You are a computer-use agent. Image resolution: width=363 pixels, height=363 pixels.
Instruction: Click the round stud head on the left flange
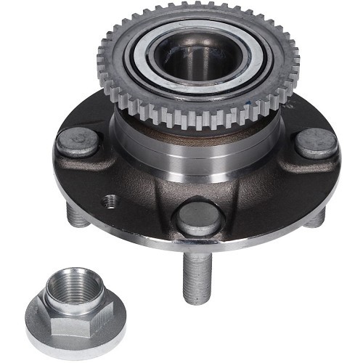point(77,142)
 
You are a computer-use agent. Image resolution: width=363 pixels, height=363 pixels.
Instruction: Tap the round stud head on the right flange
point(316,142)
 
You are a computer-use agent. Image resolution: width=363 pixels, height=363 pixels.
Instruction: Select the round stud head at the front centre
point(197,217)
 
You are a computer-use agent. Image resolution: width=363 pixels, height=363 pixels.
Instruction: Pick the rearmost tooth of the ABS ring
point(197,9)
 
